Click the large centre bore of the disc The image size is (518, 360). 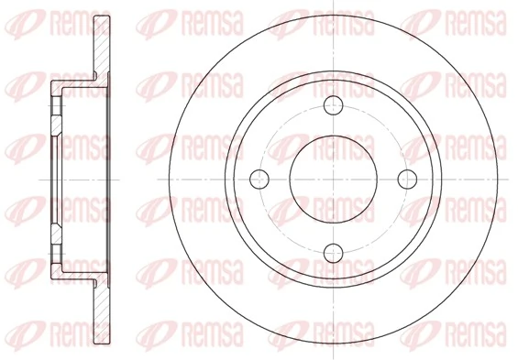[x=334, y=177]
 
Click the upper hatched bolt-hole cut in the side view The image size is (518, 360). [x=57, y=115]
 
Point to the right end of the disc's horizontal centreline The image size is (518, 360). [x=510, y=177]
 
